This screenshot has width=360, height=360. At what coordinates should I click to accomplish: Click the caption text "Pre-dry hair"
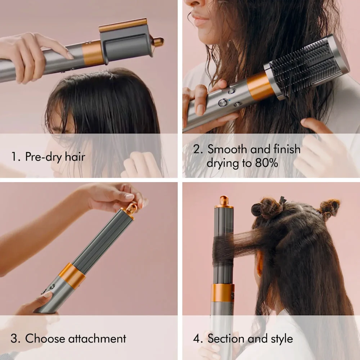tap(55, 157)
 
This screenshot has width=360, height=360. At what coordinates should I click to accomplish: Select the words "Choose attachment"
tap(76, 338)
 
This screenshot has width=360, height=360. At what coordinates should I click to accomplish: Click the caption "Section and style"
tap(250, 338)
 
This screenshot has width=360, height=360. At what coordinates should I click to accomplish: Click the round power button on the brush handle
tap(223, 102)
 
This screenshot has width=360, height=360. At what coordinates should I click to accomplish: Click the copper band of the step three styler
tap(72, 275)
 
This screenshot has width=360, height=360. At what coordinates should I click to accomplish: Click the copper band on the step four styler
tap(222, 292)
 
